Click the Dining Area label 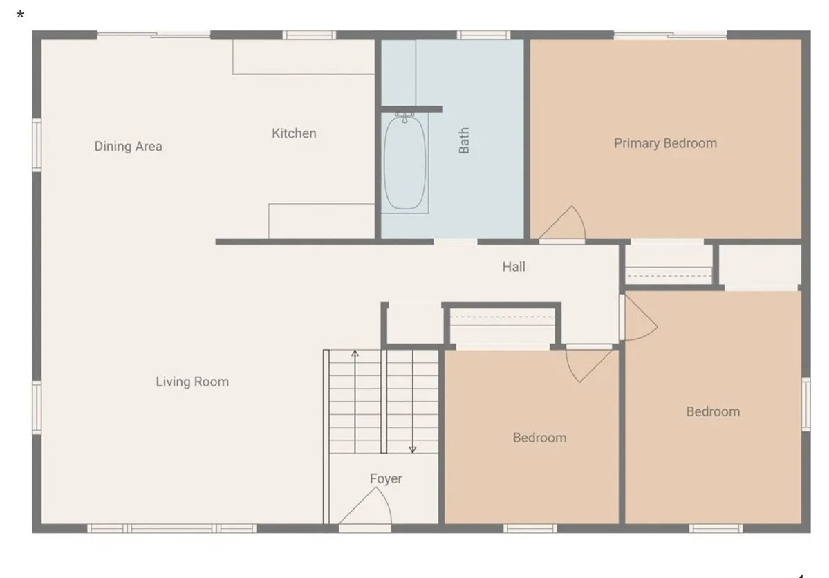click(128, 146)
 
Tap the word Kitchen click(294, 133)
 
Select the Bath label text click(464, 140)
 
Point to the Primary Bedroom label click(665, 143)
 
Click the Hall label click(514, 266)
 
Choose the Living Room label click(192, 382)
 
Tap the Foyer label click(385, 478)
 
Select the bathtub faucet click(404, 117)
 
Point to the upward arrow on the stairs click(355, 354)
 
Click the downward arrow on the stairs click(413, 449)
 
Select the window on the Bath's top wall click(483, 35)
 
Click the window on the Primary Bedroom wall click(670, 35)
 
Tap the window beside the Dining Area click(36, 144)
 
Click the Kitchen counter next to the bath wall click(322, 221)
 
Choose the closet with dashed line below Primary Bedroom click(669, 263)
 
